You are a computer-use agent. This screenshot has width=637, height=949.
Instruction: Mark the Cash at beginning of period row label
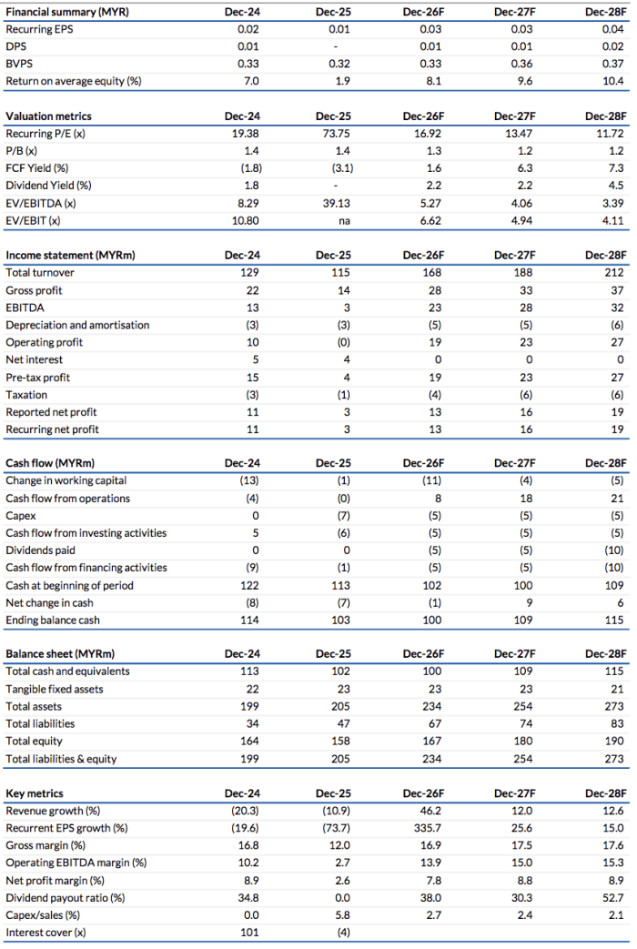click(x=68, y=585)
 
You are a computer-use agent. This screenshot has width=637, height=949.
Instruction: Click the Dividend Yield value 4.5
click(x=614, y=186)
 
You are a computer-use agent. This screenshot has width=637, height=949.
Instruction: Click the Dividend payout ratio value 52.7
click(x=612, y=897)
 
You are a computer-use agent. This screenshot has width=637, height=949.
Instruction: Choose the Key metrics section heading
click(x=35, y=793)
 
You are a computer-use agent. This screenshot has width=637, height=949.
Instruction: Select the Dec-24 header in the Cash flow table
click(x=242, y=462)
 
